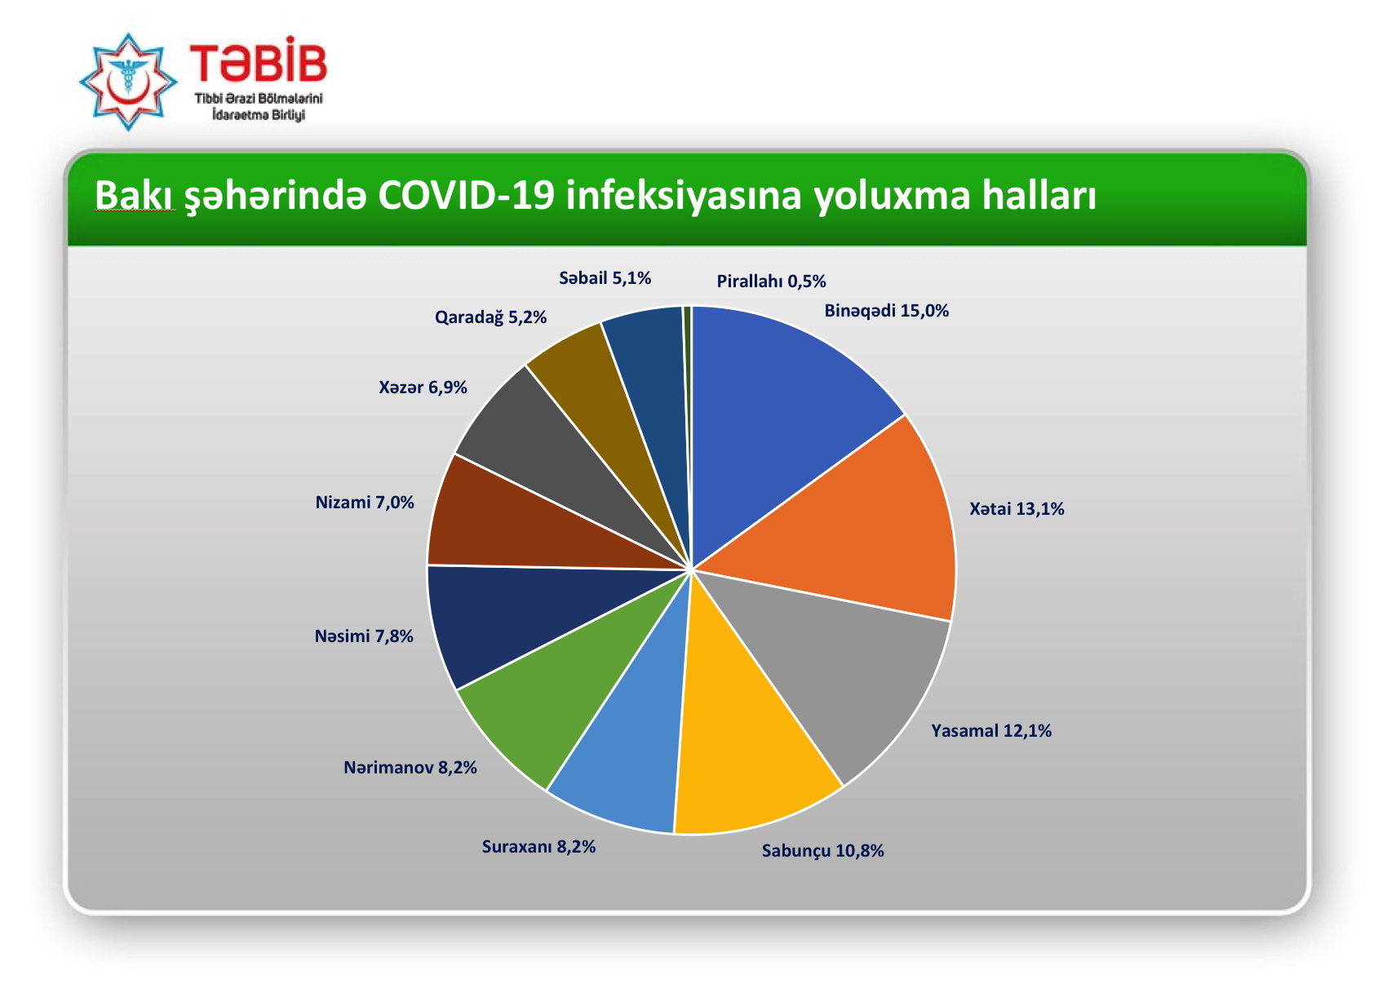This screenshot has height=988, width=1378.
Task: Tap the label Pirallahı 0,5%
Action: [771, 281]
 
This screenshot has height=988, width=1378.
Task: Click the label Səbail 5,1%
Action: [605, 278]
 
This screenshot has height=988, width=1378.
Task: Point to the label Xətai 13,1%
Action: [1017, 509]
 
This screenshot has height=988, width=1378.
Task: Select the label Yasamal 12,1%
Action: [991, 731]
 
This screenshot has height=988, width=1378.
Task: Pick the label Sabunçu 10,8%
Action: [822, 851]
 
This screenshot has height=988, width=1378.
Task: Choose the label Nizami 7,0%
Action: [364, 503]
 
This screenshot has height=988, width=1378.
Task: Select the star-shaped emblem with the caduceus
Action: [129, 82]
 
